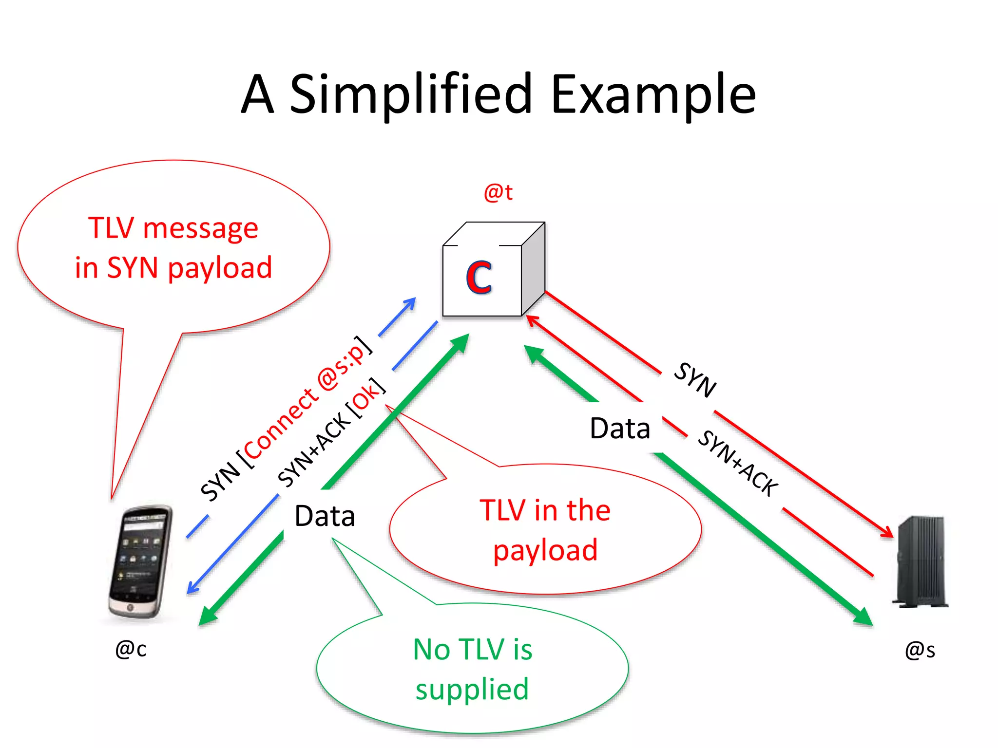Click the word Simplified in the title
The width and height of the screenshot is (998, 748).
411,95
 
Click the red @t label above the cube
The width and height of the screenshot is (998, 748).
498,192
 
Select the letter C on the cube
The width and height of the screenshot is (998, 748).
479,277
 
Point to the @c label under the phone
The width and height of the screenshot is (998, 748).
131,649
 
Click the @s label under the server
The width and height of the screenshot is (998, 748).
920,650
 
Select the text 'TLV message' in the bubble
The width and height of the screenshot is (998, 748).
173,228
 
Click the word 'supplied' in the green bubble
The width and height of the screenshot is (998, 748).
472,690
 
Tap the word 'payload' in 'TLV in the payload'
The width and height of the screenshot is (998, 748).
545,551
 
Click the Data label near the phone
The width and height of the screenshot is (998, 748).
325,516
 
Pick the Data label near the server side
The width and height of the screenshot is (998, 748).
620,429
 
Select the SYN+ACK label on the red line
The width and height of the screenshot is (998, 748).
738,463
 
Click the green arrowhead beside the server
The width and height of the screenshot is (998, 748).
864,617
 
